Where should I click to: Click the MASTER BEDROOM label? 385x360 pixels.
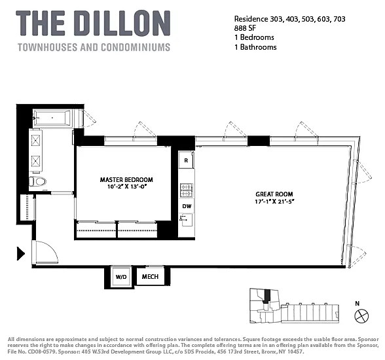tap(126, 179)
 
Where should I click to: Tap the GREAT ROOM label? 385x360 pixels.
tap(274, 194)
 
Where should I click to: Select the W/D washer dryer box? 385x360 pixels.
tap(120, 277)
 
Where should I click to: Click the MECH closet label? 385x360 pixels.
tap(151, 277)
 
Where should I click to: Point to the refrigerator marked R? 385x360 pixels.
tap(186, 160)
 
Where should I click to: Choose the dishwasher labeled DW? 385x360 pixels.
tap(187, 206)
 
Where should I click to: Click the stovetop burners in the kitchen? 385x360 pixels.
tap(187, 190)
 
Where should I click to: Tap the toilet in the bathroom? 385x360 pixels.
tap(38, 181)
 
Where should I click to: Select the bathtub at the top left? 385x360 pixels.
tap(52, 118)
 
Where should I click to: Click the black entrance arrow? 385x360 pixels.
tap(20, 253)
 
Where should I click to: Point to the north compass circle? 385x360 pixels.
tap(361, 315)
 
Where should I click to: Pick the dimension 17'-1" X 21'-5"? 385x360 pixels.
tap(274, 202)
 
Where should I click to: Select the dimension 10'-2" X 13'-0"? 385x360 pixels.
tap(127, 187)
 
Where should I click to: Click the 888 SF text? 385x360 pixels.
tap(245, 28)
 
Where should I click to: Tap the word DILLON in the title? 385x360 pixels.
tap(124, 24)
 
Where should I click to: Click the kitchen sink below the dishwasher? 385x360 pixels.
tap(187, 221)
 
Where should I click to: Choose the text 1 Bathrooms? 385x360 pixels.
tap(255, 47)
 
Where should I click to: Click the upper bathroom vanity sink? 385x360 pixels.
tap(36, 141)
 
